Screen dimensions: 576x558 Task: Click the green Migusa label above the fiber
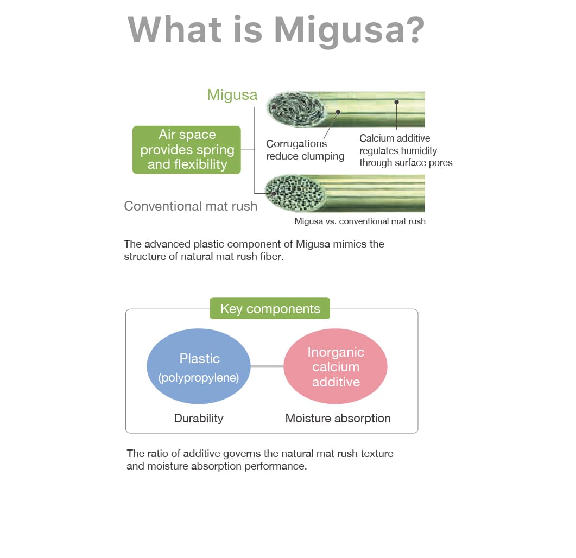click(x=232, y=95)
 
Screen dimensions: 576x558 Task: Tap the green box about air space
click(x=187, y=150)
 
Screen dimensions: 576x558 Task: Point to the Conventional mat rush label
click(x=191, y=206)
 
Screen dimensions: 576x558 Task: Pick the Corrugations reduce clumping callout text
click(x=305, y=150)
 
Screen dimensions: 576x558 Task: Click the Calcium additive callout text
click(x=406, y=150)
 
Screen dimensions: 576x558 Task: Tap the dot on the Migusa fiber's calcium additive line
click(x=396, y=102)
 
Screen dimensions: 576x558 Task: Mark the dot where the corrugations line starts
click(x=338, y=112)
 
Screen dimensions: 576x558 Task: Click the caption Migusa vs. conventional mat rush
click(x=360, y=221)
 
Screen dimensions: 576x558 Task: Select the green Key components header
click(x=270, y=308)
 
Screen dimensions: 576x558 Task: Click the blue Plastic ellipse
click(x=199, y=366)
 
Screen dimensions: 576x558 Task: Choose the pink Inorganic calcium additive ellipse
click(x=336, y=366)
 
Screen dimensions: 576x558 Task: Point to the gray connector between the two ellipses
click(x=267, y=366)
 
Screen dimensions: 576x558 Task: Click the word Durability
click(x=199, y=418)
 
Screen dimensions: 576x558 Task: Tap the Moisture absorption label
click(x=338, y=418)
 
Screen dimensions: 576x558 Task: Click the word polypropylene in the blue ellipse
click(x=199, y=377)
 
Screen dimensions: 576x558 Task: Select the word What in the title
click(x=175, y=29)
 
